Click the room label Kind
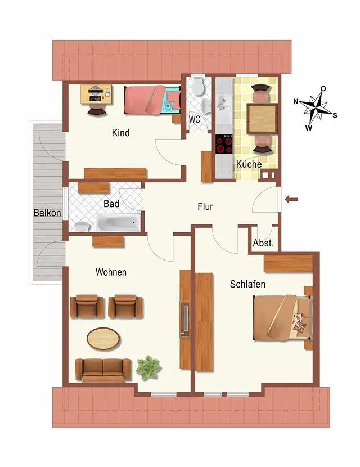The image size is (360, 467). [x=120, y=133]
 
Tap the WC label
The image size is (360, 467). [x=195, y=119]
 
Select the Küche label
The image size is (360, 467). [x=249, y=164]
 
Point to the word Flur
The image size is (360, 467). [x=205, y=206]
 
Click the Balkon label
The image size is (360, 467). [x=47, y=213]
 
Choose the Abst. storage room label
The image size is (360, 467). [x=263, y=243]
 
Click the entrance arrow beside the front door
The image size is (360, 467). [x=291, y=199]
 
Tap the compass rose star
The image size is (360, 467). [x=317, y=108]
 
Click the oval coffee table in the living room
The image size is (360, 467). [x=103, y=339]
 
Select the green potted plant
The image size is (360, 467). [x=148, y=368]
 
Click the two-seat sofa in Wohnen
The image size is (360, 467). [x=103, y=370]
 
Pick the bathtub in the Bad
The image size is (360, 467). [x=118, y=222]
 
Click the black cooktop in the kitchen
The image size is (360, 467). [x=224, y=144]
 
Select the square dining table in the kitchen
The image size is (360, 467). [x=262, y=119]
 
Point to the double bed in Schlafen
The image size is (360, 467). [x=282, y=318]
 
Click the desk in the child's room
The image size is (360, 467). [x=96, y=95]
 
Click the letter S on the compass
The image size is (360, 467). [x=335, y=115]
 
